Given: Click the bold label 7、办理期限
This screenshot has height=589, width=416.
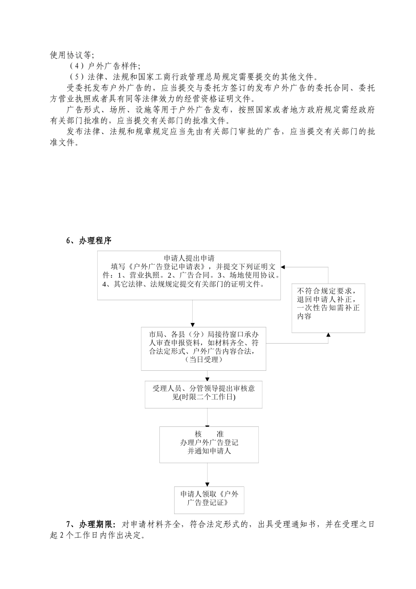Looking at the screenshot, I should coord(91,524).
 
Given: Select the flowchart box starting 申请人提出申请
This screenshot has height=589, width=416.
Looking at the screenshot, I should coord(189,275).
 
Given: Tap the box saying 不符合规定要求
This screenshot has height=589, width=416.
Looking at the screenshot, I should coord(328,308).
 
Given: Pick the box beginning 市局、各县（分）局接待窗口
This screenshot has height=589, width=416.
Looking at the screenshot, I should coord(203,348).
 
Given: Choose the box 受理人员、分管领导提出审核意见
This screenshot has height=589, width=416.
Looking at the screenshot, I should coord(204,394).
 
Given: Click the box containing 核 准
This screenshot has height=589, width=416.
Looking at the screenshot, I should coord(208,444).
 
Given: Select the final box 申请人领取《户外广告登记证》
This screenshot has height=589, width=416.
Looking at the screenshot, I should coord(209,500).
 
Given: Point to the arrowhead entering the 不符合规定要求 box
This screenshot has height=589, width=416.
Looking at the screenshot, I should coord(328,335).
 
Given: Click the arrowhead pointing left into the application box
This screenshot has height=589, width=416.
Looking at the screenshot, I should coord(283,267).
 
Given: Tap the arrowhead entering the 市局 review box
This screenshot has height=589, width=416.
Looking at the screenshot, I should coord(193,324).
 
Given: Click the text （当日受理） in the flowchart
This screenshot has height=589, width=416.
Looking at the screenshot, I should coord(204,360).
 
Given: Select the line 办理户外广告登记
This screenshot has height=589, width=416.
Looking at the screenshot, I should coord(209,443).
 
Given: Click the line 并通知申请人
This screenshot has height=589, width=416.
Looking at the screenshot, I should coord(209,451).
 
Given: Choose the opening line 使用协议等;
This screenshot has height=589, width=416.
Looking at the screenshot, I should coord(72,55).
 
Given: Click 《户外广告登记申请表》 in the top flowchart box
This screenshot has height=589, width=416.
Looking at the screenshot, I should coord(165,267).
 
